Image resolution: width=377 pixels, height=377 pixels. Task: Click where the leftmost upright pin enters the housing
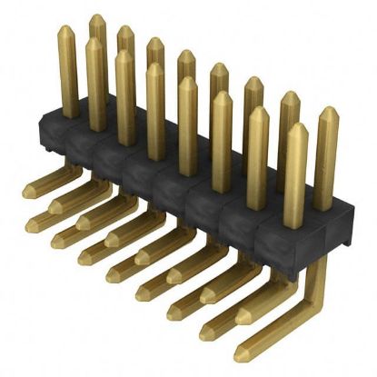[x=70, y=116]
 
